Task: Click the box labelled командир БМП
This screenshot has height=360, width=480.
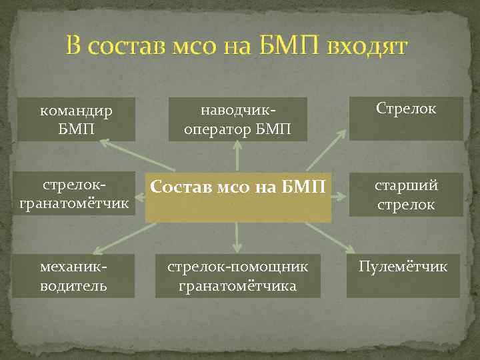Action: (x=76, y=119)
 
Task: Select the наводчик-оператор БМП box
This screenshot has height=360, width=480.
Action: (x=238, y=119)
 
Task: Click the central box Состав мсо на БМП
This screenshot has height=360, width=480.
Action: (x=238, y=198)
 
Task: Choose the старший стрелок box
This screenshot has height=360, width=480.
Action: (x=406, y=195)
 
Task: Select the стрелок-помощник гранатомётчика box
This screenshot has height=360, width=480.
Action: (x=238, y=276)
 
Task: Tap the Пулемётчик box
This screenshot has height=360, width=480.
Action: (x=403, y=276)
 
